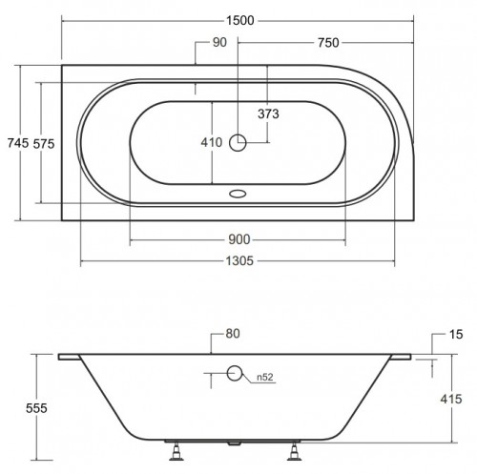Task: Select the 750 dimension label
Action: pyautogui.click(x=326, y=43)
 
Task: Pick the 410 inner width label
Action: pyautogui.click(x=212, y=142)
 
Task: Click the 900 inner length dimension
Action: pyautogui.click(x=238, y=240)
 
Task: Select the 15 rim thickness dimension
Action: pyautogui.click(x=455, y=336)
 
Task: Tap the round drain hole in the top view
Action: pyautogui.click(x=238, y=143)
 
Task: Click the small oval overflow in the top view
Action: pyautogui.click(x=238, y=189)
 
